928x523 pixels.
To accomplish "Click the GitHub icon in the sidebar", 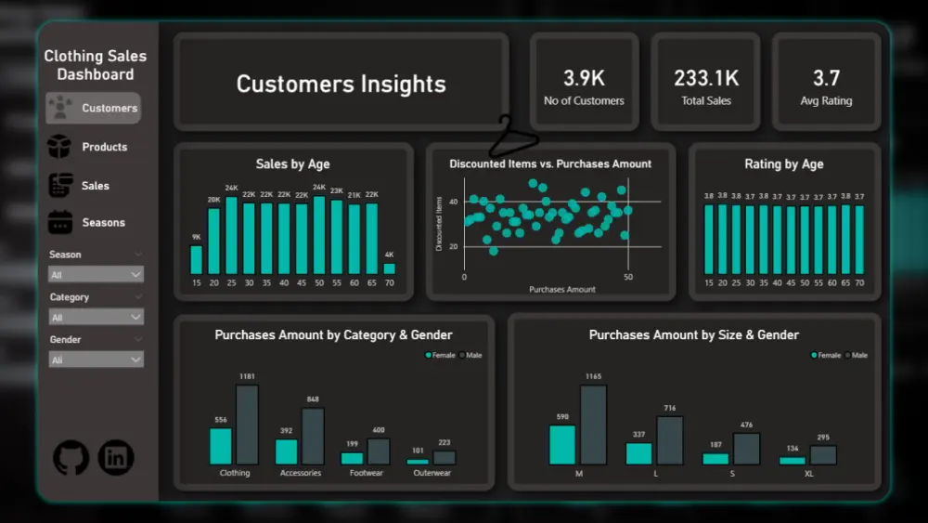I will (x=71, y=457).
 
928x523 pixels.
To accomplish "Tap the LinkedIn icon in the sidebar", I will (x=116, y=457).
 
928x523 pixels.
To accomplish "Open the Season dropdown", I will (x=97, y=275).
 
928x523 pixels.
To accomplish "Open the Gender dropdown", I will (x=97, y=360).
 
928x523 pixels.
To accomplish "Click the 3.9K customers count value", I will (x=584, y=79).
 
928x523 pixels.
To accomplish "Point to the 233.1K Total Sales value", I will (x=706, y=79).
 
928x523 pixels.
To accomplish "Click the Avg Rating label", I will (x=825, y=100).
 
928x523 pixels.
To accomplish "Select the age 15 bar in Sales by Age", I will (x=196, y=259).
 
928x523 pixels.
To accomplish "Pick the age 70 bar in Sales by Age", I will (x=389, y=268).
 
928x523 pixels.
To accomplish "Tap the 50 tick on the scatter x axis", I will (x=627, y=278).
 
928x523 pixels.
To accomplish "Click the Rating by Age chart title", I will (x=784, y=163).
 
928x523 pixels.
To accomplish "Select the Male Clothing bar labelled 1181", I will (x=247, y=425).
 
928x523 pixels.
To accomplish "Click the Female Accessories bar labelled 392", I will (x=287, y=451).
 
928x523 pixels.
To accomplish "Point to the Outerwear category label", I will (x=432, y=473).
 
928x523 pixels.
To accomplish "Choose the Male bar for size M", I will (x=593, y=425).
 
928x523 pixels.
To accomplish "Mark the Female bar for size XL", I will (x=793, y=460).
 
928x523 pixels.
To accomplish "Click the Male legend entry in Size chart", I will (x=856, y=355).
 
